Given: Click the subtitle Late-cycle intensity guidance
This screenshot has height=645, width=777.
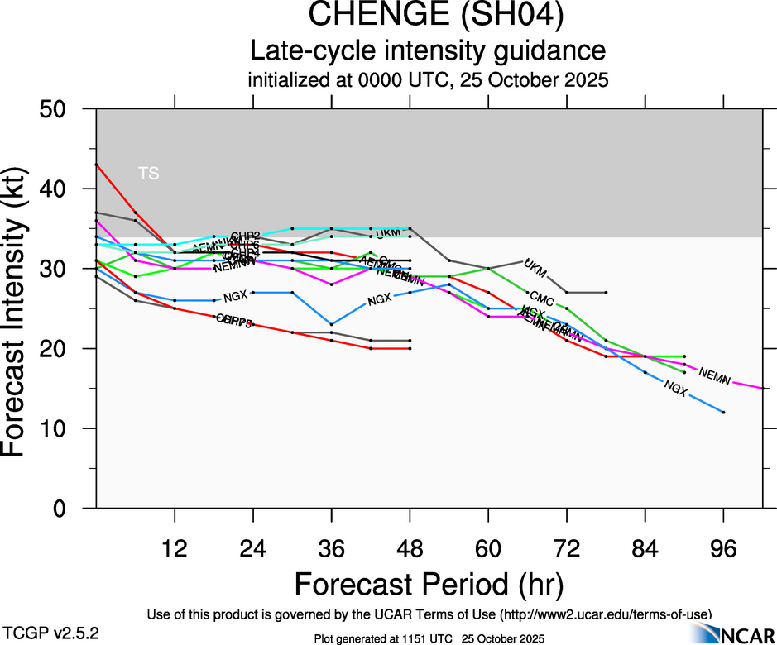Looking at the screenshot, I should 428,51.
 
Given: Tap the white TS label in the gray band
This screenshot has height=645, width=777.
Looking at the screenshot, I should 149,173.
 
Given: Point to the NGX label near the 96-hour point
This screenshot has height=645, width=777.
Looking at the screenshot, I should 676,385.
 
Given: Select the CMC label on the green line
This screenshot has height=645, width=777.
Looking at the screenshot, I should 541,297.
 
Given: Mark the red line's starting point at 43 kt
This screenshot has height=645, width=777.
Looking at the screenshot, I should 97,165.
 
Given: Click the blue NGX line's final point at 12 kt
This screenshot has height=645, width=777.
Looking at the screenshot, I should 724,412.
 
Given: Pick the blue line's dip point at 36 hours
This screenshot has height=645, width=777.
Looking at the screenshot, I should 331,324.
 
